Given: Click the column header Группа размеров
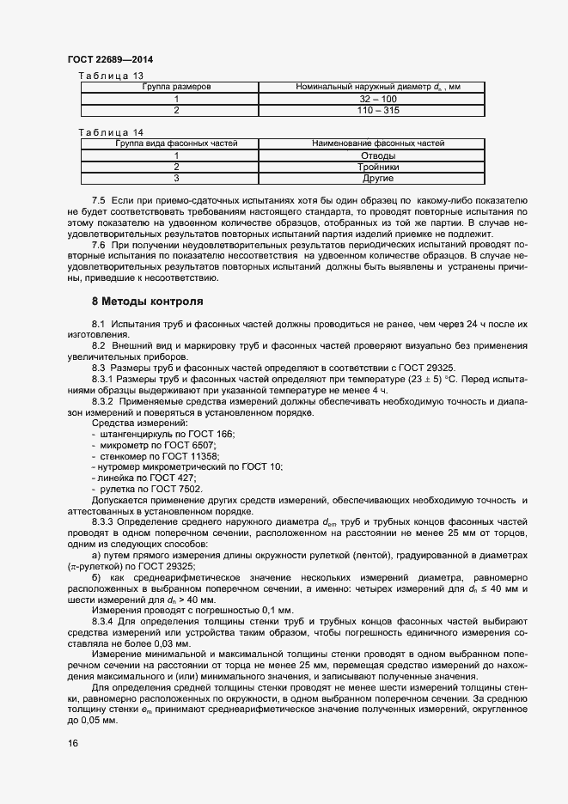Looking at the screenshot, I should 177,87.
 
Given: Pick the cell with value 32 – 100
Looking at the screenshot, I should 377,99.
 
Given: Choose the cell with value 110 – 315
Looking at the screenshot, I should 377,110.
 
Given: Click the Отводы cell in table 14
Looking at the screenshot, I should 377,155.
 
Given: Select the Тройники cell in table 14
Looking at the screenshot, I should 377,167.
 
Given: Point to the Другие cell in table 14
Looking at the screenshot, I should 377,178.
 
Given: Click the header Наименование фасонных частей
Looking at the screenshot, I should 377,143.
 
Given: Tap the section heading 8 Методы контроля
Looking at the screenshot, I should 147,302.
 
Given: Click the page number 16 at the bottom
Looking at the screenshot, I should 73,744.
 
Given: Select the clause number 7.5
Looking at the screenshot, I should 98,199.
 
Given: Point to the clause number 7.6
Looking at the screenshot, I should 98,245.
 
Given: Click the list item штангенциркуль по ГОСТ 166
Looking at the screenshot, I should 167,435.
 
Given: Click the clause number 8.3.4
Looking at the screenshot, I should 102,620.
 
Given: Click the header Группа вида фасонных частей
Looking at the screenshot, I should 177,143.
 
